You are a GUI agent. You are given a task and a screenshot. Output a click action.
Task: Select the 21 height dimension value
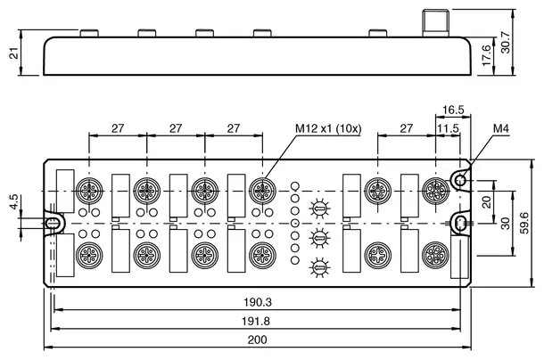[x=12, y=53]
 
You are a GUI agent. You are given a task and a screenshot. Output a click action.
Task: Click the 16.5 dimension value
[x=454, y=110]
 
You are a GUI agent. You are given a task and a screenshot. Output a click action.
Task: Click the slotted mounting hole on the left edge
[x=54, y=222]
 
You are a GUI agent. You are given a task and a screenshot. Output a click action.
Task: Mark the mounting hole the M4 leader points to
[x=460, y=182]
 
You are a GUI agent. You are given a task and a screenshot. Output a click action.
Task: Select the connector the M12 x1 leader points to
[x=260, y=189]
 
